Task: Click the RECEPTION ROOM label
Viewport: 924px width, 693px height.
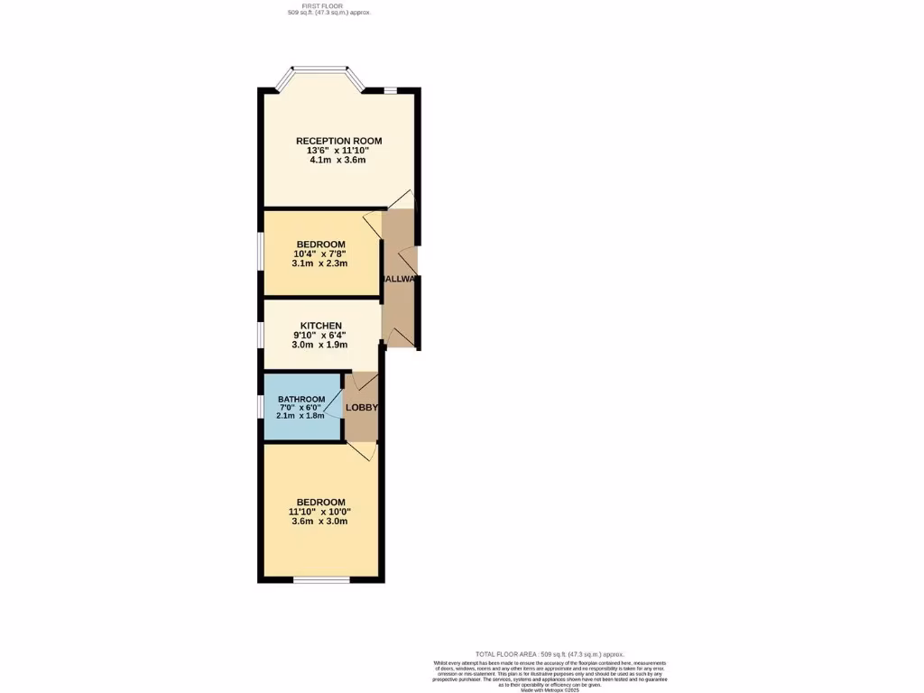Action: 338,141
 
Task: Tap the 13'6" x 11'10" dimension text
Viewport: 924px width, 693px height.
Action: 338,151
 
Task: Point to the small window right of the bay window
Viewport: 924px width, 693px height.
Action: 390,89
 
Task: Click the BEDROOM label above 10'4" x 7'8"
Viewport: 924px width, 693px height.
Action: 320,245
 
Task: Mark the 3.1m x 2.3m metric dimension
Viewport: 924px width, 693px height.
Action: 320,263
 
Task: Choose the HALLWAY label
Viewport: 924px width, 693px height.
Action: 398,280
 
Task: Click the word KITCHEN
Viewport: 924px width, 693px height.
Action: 320,326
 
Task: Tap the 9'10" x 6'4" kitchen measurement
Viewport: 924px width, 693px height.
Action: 320,335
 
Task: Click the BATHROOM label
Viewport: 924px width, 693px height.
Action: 301,400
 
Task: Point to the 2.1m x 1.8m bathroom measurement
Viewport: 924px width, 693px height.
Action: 301,416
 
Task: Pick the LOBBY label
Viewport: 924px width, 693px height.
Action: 362,408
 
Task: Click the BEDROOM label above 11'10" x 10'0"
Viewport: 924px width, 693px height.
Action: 320,503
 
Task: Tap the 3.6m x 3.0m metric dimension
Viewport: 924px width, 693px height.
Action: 320,521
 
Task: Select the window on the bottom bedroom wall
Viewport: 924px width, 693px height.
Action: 321,579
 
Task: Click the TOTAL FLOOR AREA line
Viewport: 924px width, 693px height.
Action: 550,654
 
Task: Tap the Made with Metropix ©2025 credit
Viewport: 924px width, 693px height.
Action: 550,689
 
